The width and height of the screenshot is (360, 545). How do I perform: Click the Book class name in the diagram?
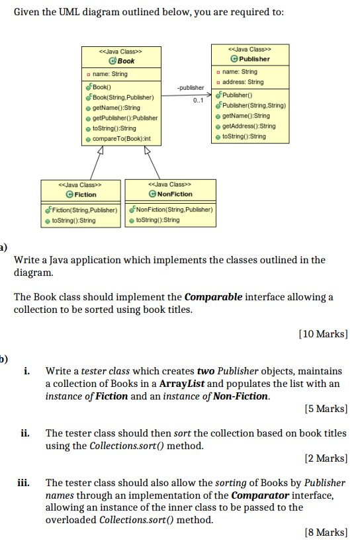126,61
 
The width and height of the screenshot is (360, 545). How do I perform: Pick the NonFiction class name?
174,194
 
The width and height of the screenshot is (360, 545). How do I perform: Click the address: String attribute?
244,82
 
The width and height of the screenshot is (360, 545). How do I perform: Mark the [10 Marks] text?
323,334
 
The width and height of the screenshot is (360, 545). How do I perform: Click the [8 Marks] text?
325,531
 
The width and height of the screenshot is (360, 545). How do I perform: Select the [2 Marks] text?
325,457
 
